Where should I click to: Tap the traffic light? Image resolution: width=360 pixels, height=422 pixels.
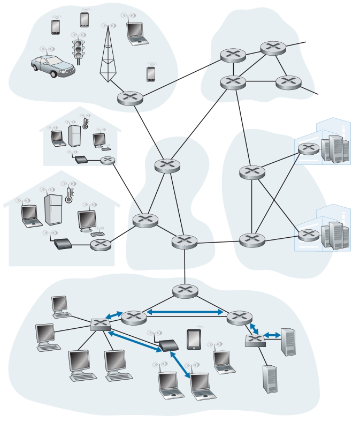coord(79,49)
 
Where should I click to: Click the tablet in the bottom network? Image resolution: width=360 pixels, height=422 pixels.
coord(194,340)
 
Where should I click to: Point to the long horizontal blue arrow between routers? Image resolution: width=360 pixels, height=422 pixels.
coord(185,312)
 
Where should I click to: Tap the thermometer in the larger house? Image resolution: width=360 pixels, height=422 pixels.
coord(68,195)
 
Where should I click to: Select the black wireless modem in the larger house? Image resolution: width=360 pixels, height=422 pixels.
coord(63,245)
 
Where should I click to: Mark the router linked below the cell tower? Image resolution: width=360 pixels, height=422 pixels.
coord(129,97)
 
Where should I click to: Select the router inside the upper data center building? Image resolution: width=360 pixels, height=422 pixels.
coord(309,148)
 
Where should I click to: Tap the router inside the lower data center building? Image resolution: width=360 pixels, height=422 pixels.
coord(309,235)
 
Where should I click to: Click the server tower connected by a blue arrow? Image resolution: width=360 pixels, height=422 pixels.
coord(288,341)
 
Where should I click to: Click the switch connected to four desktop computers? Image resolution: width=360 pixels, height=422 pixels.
coord(99,323)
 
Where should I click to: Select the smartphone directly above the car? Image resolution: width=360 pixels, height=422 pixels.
coord(56,27)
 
